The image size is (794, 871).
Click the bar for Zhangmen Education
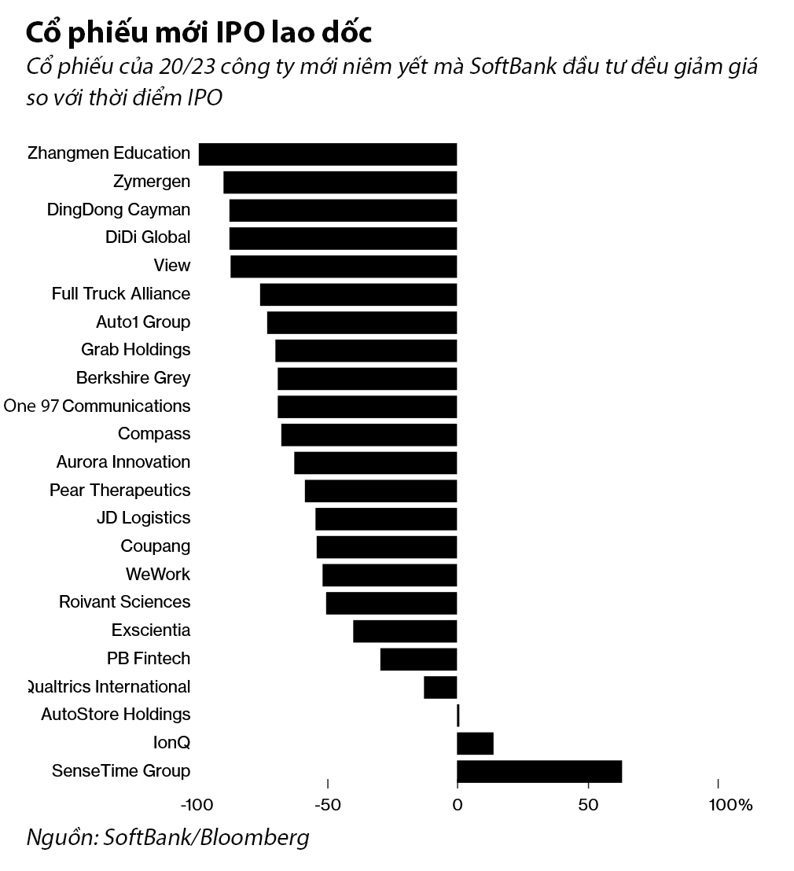(x=328, y=154)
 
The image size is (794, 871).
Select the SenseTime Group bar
(x=539, y=771)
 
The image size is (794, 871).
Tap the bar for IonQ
(x=475, y=743)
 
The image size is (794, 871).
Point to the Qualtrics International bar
(x=440, y=687)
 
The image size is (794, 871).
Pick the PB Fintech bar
(x=418, y=659)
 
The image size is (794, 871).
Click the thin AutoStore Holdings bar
(x=458, y=715)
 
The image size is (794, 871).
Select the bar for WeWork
(x=390, y=575)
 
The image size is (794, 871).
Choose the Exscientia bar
(x=405, y=631)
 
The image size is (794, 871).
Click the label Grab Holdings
(x=135, y=349)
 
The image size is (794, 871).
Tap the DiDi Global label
(x=148, y=237)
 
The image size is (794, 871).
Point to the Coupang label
(x=155, y=546)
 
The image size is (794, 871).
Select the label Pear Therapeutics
(x=119, y=490)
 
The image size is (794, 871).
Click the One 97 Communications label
(x=97, y=406)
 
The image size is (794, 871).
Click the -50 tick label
(x=327, y=805)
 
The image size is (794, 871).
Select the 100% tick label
(x=730, y=805)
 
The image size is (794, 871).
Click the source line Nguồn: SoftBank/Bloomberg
(x=167, y=837)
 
